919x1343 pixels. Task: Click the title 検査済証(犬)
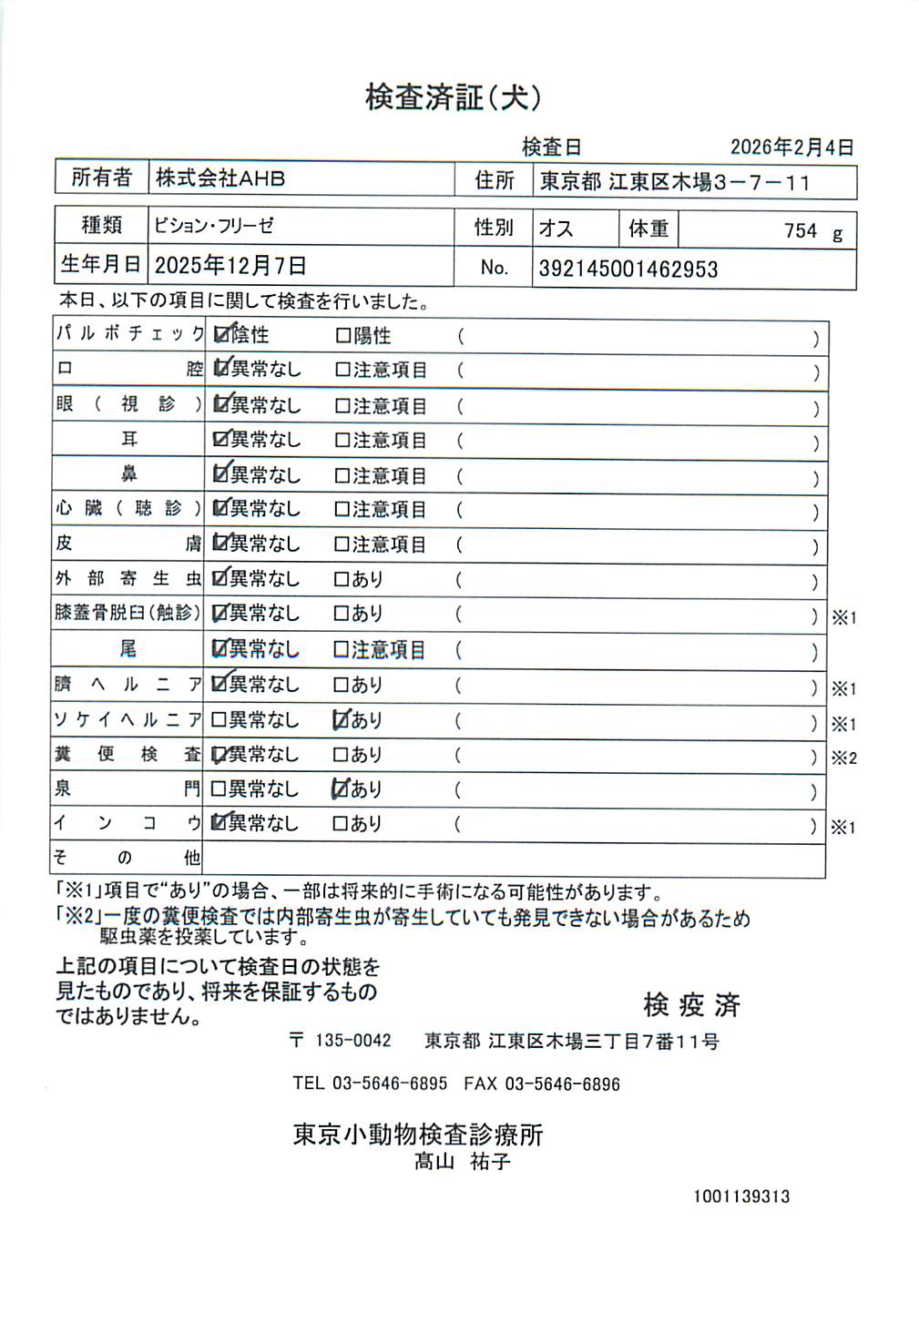(453, 97)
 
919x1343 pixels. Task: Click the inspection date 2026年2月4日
(791, 148)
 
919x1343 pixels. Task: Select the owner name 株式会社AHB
(220, 178)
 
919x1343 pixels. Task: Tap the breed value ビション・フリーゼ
(214, 226)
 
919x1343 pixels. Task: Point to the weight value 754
(801, 231)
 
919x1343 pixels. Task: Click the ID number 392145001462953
(628, 270)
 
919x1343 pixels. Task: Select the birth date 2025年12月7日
(230, 266)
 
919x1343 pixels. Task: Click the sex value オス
(556, 228)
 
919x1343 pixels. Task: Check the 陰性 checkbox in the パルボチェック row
(220, 335)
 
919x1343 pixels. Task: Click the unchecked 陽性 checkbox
(342, 336)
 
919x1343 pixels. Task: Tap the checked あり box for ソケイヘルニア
(341, 720)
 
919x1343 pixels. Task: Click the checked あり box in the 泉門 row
(341, 789)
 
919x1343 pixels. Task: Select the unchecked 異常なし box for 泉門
(219, 789)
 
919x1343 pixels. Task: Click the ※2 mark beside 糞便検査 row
(844, 758)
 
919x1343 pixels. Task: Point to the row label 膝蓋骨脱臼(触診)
(128, 613)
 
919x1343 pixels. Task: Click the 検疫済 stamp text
(691, 1005)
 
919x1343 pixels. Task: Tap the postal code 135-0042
(352, 1041)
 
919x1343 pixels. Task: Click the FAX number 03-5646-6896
(562, 1084)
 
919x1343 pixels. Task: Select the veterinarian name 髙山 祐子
(462, 1162)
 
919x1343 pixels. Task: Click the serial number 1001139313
(740, 1196)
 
